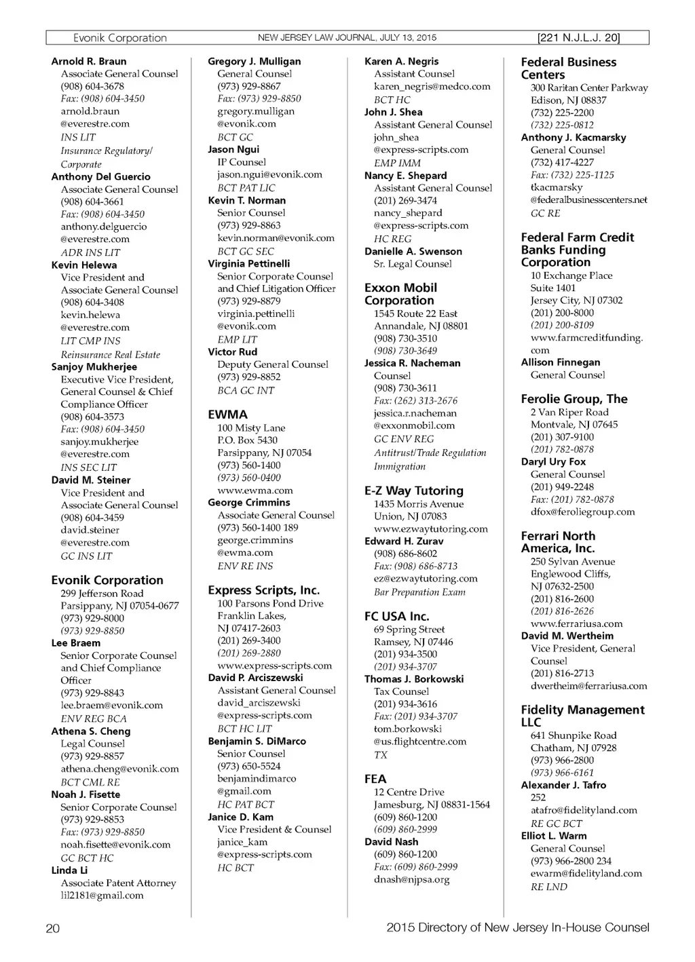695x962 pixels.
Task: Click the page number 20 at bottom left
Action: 53,929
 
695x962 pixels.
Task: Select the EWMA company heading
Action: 227,415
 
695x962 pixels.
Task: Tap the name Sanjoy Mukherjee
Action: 94,367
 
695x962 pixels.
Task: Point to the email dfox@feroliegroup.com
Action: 582,512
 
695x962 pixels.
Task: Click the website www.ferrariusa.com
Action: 576,623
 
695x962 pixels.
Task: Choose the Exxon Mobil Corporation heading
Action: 400,294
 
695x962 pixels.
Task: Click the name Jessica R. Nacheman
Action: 412,363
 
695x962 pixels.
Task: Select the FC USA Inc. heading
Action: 396,616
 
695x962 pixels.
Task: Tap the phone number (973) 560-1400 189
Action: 257,528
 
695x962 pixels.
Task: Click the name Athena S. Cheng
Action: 91,731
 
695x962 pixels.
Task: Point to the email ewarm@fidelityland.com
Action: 586,874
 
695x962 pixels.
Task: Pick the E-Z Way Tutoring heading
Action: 413,490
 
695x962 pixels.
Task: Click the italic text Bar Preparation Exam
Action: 419,592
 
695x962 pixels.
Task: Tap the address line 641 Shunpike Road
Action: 574,735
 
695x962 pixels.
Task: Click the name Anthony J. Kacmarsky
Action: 574,137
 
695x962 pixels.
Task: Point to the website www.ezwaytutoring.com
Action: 430,529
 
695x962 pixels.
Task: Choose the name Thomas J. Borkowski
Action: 414,679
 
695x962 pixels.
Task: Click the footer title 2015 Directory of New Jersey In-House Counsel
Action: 517,927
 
